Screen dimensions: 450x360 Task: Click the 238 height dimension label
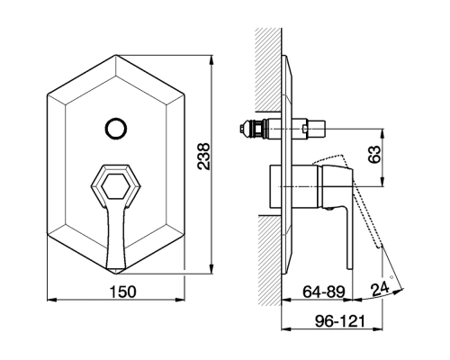[204, 157]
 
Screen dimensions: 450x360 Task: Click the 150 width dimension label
[122, 292]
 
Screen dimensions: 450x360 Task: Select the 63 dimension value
[374, 154]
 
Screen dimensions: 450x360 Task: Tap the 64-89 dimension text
[324, 292]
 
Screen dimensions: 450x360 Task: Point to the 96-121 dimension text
[340, 321]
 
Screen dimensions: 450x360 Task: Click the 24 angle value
[380, 290]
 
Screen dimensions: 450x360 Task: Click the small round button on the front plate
[116, 129]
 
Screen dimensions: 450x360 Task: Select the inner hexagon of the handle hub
[115, 186]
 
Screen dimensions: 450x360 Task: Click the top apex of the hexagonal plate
[116, 55]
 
